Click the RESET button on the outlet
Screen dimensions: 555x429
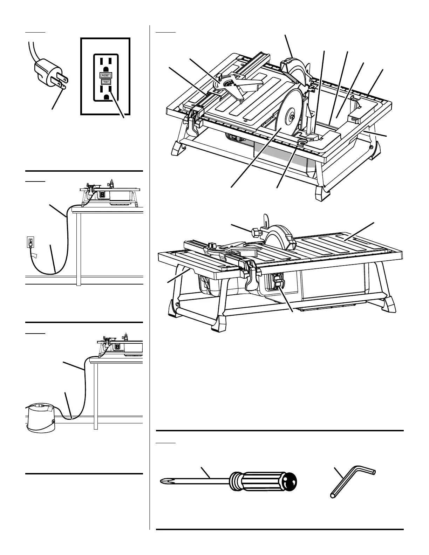tap(105, 75)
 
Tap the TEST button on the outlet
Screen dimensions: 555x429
tap(105, 82)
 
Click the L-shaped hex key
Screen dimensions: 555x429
tap(350, 481)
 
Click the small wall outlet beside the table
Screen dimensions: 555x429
tap(30, 242)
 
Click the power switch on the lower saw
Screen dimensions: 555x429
tap(278, 280)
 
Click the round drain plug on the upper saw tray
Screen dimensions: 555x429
tap(301, 143)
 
